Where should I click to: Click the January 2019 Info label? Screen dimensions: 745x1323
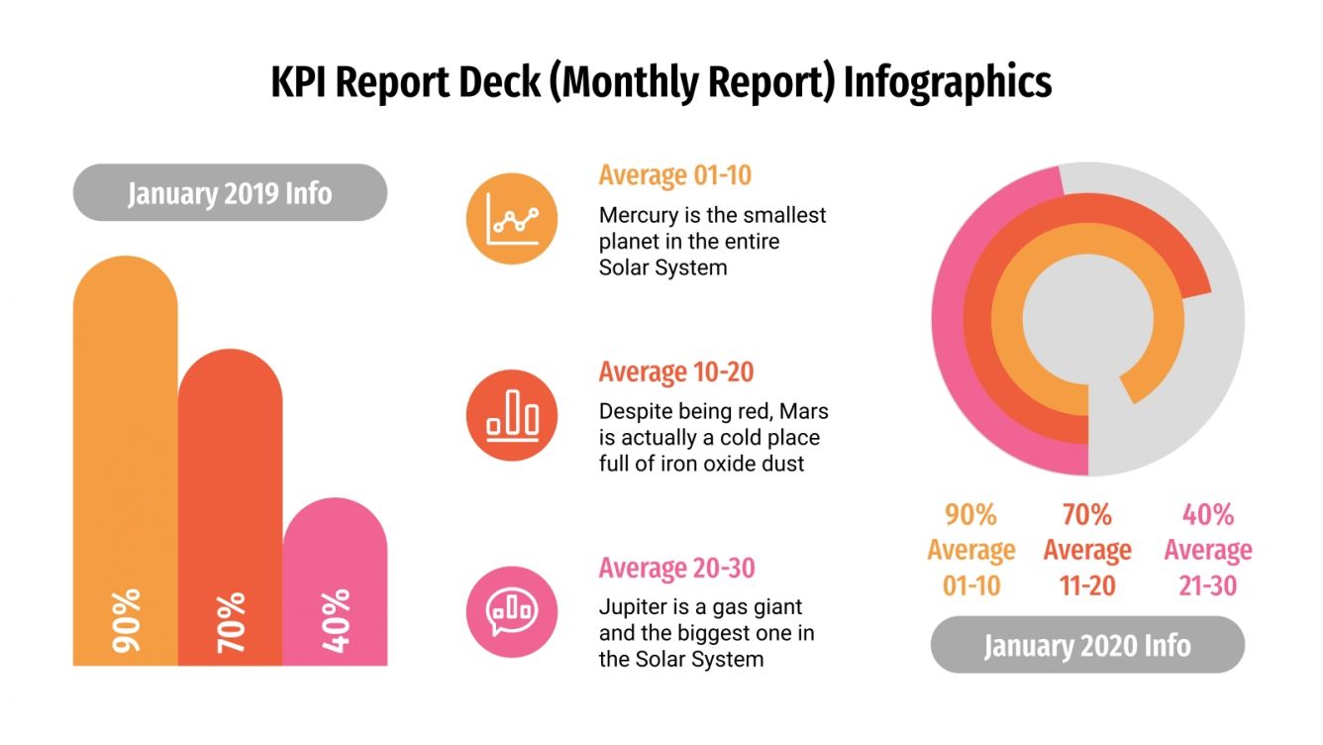tap(230, 192)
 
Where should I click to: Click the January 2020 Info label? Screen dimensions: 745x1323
tap(1087, 645)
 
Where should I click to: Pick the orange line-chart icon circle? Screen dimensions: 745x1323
tap(512, 219)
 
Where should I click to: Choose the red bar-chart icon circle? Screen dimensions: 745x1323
tap(512, 415)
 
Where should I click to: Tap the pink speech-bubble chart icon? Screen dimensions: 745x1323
tap(512, 611)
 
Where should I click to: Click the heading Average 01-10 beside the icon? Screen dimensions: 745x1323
tap(674, 175)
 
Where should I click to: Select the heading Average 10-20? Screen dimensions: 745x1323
tap(675, 372)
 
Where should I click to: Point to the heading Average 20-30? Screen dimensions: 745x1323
tap(676, 568)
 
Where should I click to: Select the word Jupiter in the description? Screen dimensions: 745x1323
tap(632, 607)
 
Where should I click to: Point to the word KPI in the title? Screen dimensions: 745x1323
tap(299, 82)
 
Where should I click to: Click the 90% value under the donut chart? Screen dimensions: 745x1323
tap(970, 515)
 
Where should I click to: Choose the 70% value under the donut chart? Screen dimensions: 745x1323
tap(1087, 515)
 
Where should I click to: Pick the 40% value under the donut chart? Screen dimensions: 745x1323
tap(1207, 515)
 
